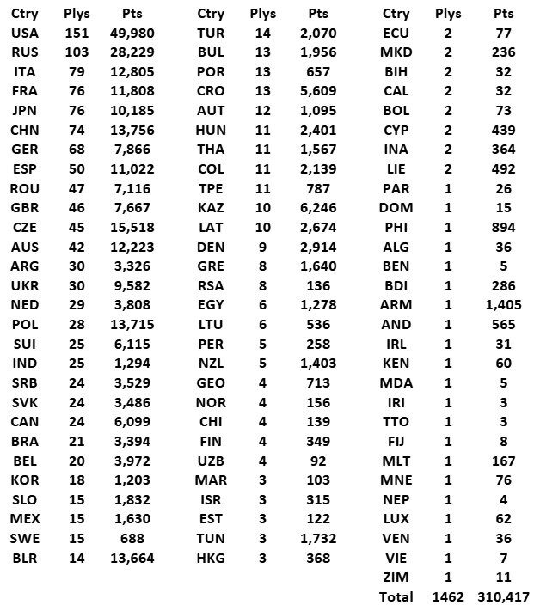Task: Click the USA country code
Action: tap(25, 33)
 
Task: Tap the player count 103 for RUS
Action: tap(77, 52)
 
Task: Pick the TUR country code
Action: tap(211, 33)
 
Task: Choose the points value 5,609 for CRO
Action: tap(318, 91)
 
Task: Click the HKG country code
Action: tap(211, 558)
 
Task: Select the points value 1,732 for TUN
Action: tap(318, 538)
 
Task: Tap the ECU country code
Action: tap(396, 33)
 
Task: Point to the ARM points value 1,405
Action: tap(503, 305)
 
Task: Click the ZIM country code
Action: tap(396, 577)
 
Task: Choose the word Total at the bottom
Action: tap(396, 596)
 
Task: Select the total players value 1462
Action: tap(448, 596)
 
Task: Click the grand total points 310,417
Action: tap(503, 596)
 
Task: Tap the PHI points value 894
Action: tap(503, 228)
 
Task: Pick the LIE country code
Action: tap(396, 169)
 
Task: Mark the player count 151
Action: tap(77, 33)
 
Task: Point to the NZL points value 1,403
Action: tap(318, 364)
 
